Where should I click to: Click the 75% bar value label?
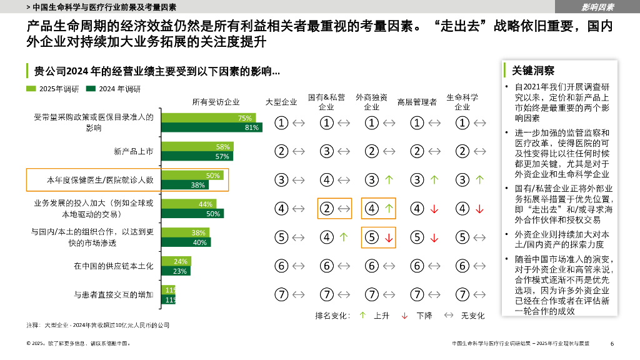tap(244, 118)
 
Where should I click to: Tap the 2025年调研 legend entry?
tap(53, 89)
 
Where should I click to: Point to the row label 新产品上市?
tap(133, 151)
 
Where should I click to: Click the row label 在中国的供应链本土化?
tap(113, 266)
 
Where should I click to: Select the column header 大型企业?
tap(281, 102)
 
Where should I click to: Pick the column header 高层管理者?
tap(417, 102)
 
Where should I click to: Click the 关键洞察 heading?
tap(533, 71)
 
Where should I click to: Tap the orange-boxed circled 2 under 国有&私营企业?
tap(327, 209)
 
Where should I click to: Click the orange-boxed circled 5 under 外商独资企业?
tap(372, 237)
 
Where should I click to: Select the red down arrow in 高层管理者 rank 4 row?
tap(434, 209)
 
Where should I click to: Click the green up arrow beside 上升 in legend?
tap(362, 316)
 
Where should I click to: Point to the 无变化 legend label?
tap(472, 316)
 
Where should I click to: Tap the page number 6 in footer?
tap(612, 343)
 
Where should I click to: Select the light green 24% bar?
tap(176, 261)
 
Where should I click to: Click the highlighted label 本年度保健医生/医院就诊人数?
tap(101, 180)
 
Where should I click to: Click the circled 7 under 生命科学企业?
tap(462, 294)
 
